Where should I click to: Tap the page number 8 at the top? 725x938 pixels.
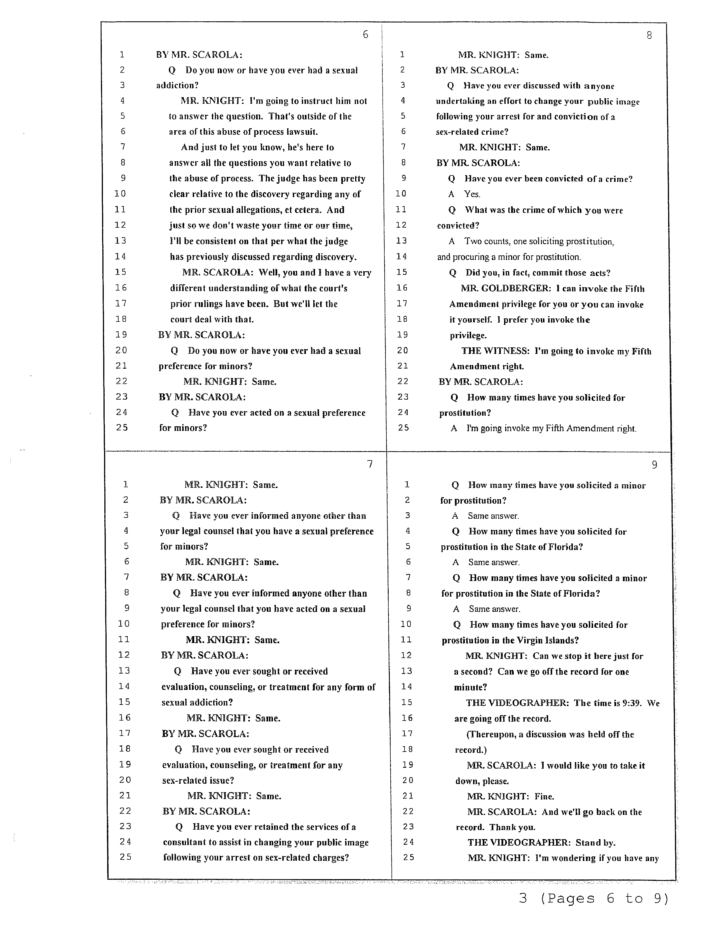(x=649, y=36)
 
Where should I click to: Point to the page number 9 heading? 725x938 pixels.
(x=654, y=465)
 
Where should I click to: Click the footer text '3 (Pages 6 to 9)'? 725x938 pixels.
(x=594, y=898)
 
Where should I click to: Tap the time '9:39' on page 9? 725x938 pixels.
(x=633, y=703)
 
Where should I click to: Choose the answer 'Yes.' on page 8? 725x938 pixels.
(x=472, y=194)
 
